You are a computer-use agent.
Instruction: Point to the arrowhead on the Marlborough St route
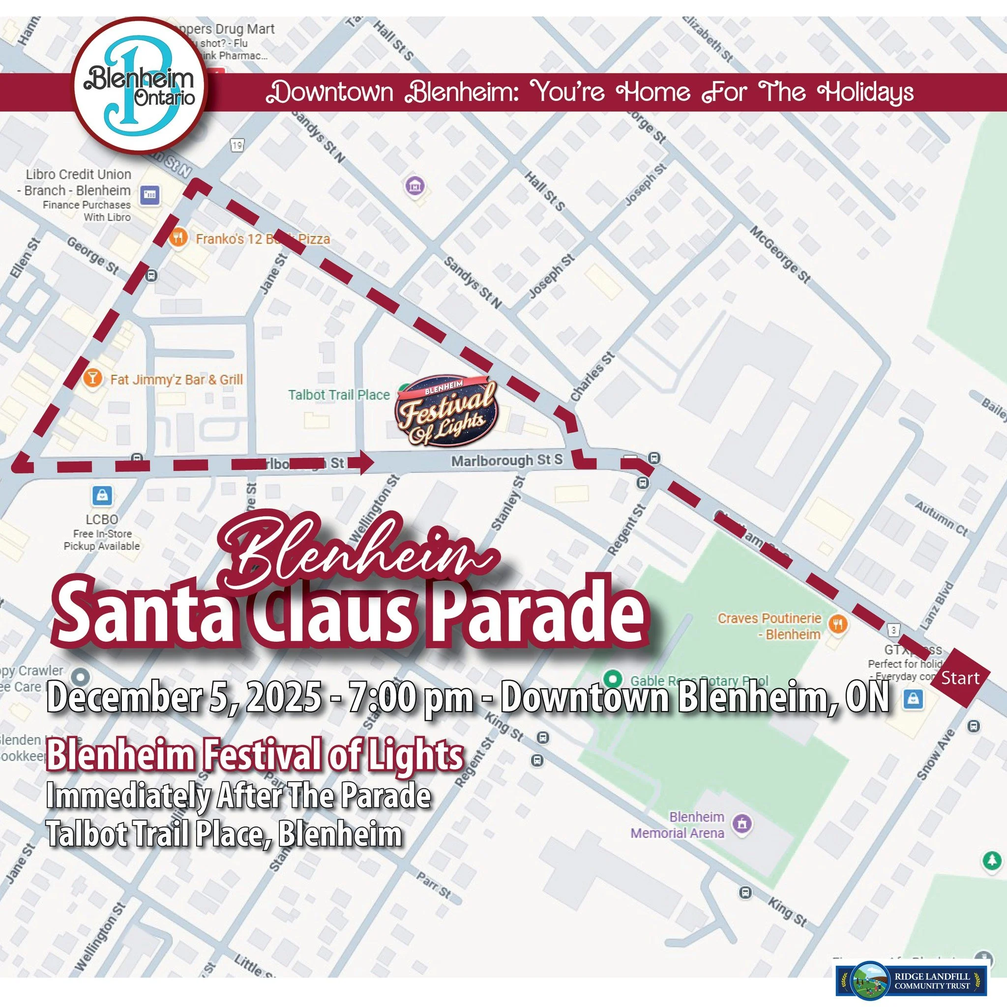click(366, 462)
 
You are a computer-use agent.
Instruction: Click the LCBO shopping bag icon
click(102, 495)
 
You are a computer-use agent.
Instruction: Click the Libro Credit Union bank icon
click(150, 194)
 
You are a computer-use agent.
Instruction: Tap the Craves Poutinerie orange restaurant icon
click(839, 623)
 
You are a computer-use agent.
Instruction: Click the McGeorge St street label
click(780, 254)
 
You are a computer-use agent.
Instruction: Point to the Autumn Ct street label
click(941, 519)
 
